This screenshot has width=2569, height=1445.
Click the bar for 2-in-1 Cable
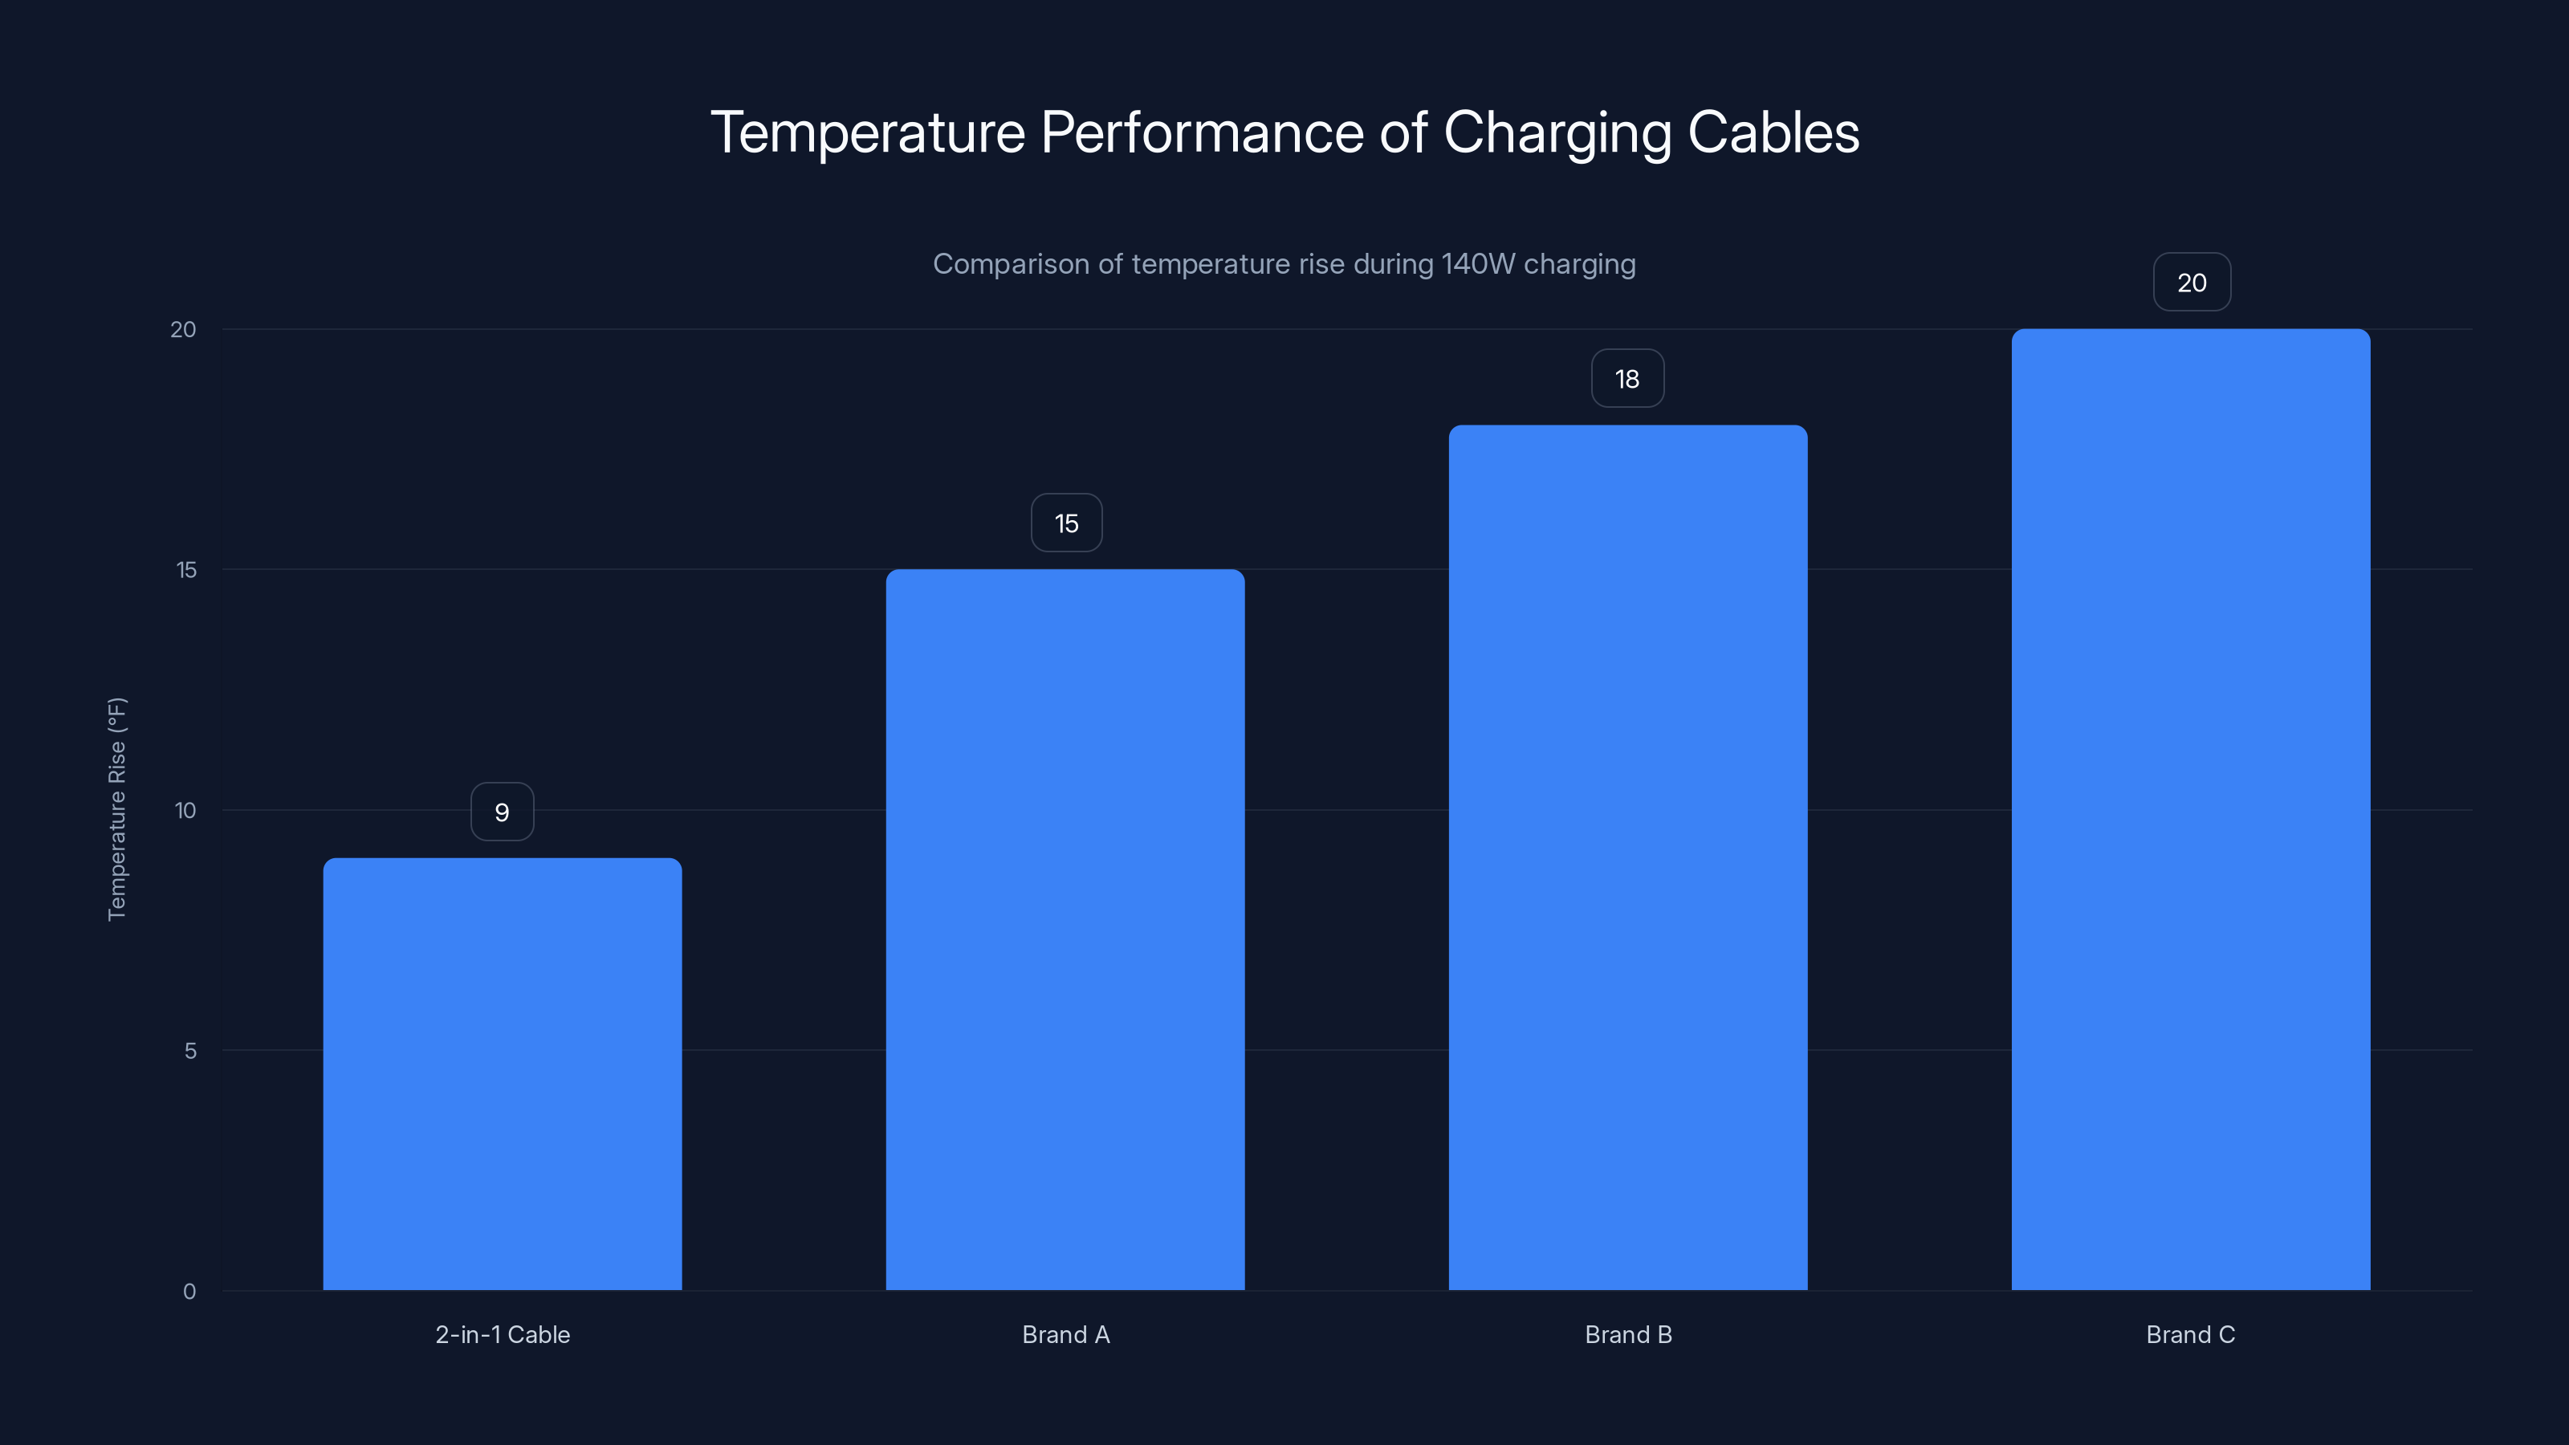(x=502, y=1074)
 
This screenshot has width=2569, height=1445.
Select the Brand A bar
(x=1065, y=930)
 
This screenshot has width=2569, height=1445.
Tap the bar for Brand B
(x=1627, y=857)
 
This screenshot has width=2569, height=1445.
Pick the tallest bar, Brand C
(x=2190, y=810)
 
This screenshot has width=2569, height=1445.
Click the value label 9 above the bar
(x=502, y=812)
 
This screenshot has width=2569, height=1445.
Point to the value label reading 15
(x=1066, y=523)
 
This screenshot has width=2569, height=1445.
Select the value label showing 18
(x=1626, y=379)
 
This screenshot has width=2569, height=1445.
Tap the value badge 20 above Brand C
(x=2191, y=283)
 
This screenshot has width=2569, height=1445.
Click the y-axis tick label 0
(x=189, y=1292)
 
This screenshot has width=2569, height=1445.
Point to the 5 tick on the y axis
(x=190, y=1051)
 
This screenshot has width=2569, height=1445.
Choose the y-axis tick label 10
(x=185, y=811)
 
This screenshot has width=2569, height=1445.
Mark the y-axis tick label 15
(x=186, y=571)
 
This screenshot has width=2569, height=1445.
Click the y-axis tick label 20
(x=184, y=330)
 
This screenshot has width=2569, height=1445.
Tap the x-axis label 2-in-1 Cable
(x=503, y=1335)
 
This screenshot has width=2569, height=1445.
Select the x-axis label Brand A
(x=1065, y=1335)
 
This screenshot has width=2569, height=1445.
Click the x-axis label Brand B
(x=1627, y=1335)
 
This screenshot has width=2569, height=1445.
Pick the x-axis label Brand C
(x=2190, y=1335)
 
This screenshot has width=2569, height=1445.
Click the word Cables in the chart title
(x=1773, y=132)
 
